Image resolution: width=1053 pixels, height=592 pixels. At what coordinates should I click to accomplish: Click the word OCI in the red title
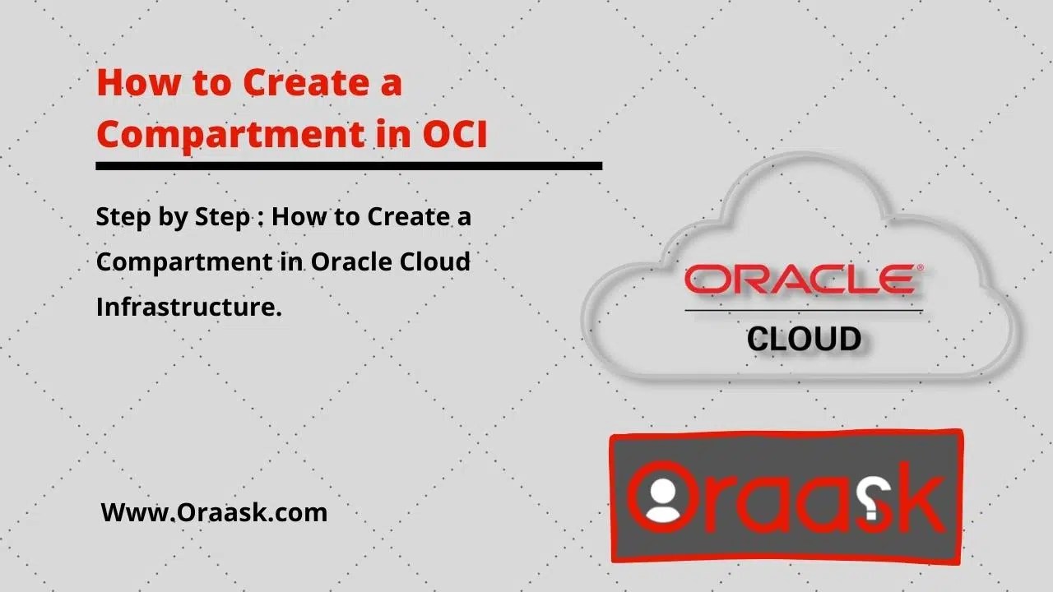tap(455, 134)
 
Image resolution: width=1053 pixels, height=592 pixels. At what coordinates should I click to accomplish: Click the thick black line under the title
tap(349, 166)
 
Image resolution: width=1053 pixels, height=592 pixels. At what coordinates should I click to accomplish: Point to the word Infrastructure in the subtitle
tap(188, 308)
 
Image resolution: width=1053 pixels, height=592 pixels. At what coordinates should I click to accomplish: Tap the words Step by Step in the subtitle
tap(173, 219)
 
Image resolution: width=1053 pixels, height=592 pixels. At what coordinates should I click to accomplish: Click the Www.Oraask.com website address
tap(214, 512)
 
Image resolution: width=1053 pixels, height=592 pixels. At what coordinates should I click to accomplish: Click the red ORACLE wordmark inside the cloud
tap(798, 280)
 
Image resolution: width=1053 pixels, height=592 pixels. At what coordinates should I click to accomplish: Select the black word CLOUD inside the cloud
tap(804, 339)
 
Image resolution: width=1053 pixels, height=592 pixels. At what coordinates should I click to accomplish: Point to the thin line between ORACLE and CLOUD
tap(804, 311)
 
